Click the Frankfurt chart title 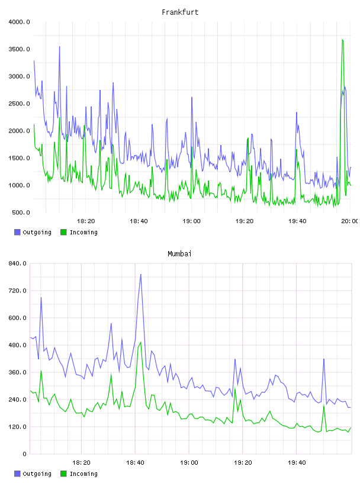(180, 12)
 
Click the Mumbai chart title (179, 253)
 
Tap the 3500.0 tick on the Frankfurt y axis (19, 49)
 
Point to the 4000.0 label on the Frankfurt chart (19, 22)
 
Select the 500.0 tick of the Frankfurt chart (21, 212)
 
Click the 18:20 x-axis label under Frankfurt (86, 221)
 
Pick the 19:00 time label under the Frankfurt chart (191, 221)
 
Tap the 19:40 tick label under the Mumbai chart (297, 463)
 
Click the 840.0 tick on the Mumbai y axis (18, 263)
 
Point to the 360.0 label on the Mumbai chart (18, 372)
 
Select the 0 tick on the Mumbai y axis (25, 454)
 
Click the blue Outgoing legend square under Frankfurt (17, 232)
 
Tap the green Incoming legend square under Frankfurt (63, 232)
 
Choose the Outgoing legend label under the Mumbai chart (37, 474)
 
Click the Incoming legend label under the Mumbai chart (83, 474)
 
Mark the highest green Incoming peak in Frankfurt (342, 40)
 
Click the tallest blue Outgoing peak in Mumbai (141, 274)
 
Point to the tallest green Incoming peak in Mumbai (141, 342)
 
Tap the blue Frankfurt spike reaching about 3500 (59, 47)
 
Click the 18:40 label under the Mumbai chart (135, 463)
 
